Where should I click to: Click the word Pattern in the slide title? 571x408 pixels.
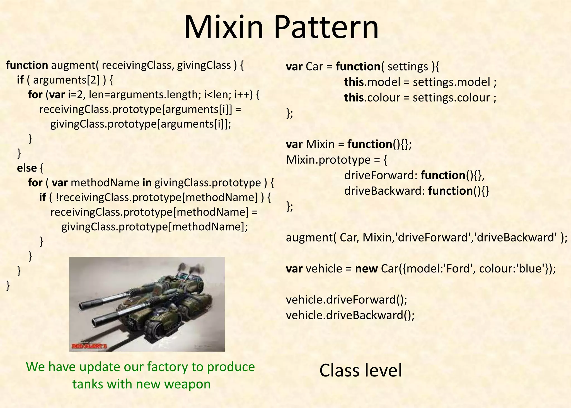pos(326,27)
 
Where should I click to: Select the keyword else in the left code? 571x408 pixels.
pos(27,168)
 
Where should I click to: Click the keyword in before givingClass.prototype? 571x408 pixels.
pos(147,183)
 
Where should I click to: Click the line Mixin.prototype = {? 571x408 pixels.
pos(337,160)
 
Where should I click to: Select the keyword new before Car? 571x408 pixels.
pos(366,269)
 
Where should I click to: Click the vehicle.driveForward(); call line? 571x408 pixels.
pos(347,300)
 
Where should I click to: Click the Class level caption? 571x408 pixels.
pos(360,371)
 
